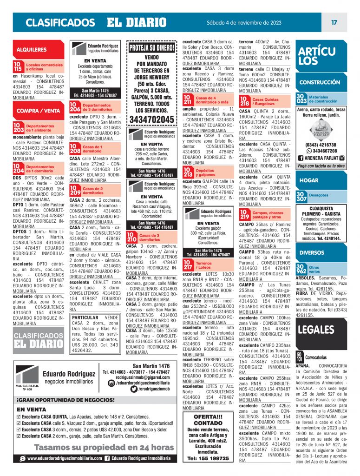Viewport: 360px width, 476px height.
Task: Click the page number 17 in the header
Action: click(x=334, y=22)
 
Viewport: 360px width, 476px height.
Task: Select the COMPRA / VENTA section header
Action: click(x=39, y=111)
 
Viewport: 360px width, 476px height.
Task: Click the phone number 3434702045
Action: click(x=152, y=119)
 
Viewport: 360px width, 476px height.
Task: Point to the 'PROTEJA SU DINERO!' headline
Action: click(x=152, y=47)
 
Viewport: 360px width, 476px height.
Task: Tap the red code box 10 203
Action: click(x=18, y=128)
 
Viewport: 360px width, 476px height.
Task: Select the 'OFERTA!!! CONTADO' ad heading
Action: click(x=208, y=420)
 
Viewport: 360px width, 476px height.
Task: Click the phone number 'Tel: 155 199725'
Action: click(x=208, y=458)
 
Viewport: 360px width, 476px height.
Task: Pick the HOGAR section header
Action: click(x=309, y=180)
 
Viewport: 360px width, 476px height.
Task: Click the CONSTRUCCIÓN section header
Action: click(x=320, y=82)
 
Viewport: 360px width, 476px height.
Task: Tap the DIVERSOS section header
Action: click(x=312, y=253)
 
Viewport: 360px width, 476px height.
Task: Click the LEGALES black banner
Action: click(x=316, y=330)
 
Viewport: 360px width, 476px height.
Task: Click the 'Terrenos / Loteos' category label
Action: click(x=204, y=265)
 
